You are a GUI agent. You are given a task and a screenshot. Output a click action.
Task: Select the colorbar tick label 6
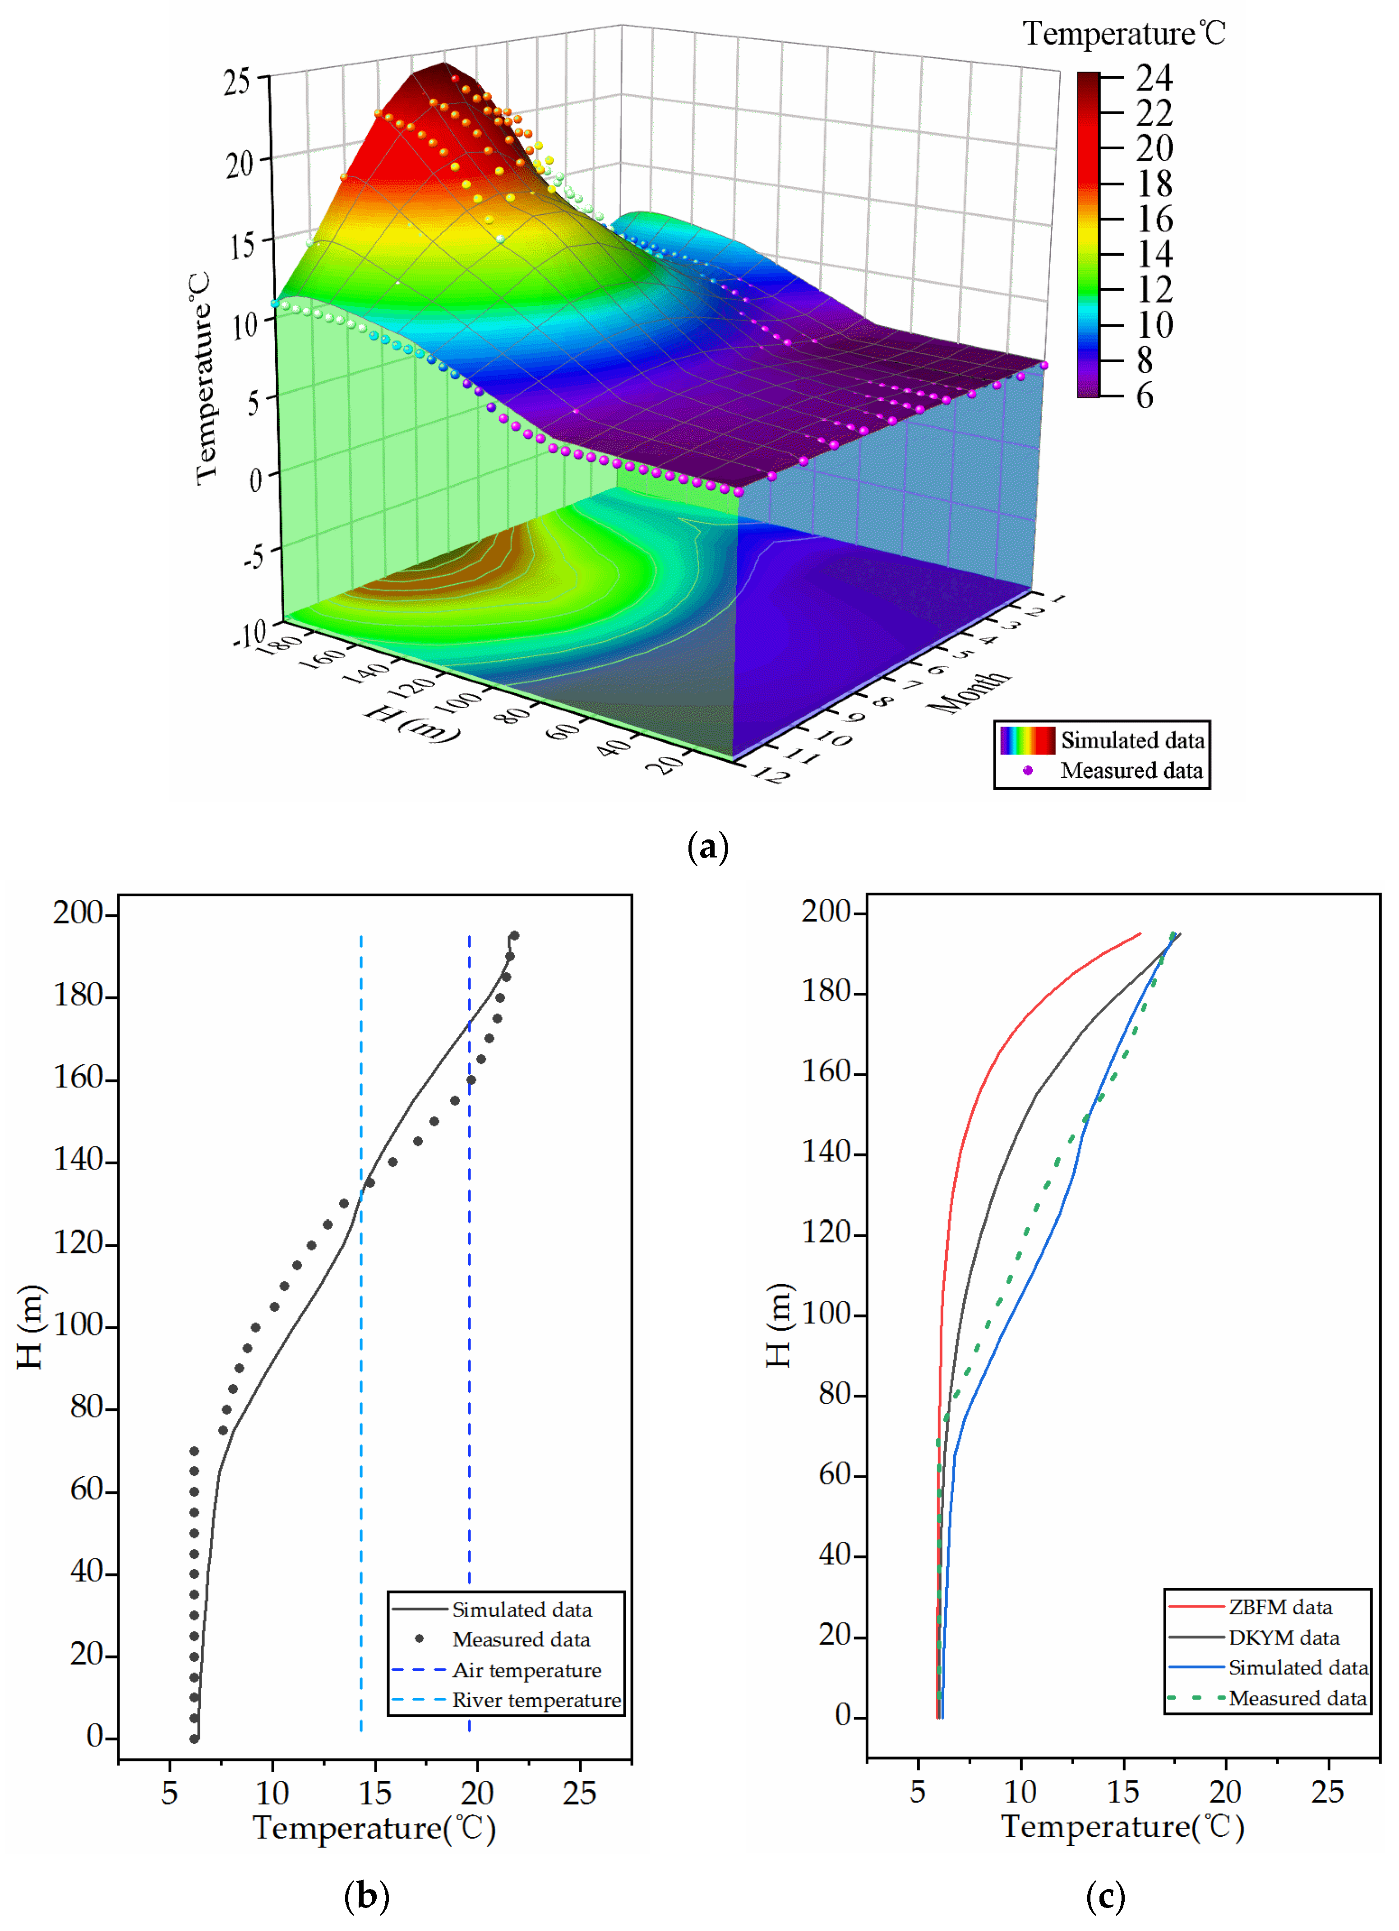(1145, 396)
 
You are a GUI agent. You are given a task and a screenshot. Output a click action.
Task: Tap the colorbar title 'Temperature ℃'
(1124, 34)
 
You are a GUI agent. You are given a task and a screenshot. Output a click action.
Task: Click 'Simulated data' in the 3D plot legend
(1131, 741)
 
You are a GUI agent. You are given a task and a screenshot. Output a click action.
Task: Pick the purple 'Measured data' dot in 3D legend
(1028, 770)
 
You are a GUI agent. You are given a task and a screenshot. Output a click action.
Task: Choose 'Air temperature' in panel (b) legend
(526, 1670)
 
